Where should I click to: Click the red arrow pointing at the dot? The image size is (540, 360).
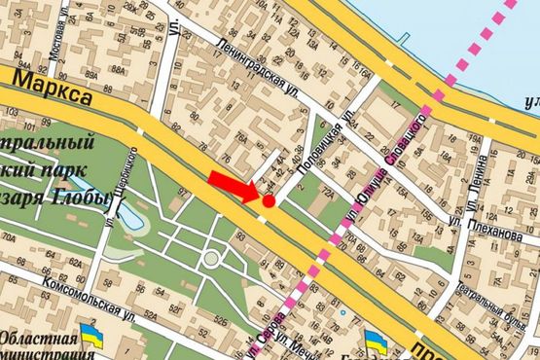click(233, 185)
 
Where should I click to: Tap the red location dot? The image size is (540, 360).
click(269, 200)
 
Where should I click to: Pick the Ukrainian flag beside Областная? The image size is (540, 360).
click(92, 337)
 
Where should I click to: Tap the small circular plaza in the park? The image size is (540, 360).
click(210, 259)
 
